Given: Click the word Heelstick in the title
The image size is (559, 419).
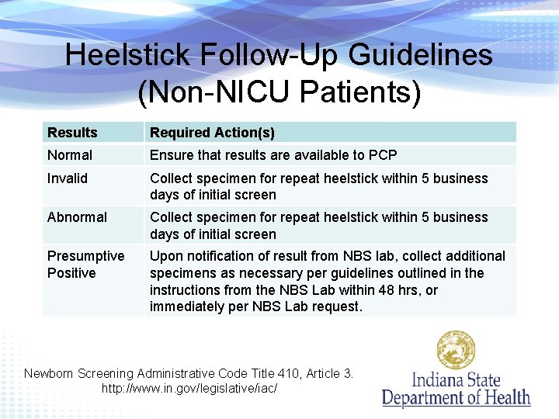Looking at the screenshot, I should pyautogui.click(x=127, y=55).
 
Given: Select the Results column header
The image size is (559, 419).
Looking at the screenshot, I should pyautogui.click(x=72, y=133).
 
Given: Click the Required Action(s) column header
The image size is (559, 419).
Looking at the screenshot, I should pyautogui.click(x=212, y=133).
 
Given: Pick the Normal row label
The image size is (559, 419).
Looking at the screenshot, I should pyautogui.click(x=70, y=155).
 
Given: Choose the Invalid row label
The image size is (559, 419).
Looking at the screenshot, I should pyautogui.click(x=68, y=178).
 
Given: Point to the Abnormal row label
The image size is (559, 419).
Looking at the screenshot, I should pyautogui.click(x=77, y=217).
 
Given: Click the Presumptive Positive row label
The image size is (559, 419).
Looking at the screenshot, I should pyautogui.click(x=85, y=265).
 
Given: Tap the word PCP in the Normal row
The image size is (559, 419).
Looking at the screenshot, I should pyautogui.click(x=382, y=155).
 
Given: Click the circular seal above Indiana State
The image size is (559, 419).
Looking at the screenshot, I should pyautogui.click(x=456, y=350).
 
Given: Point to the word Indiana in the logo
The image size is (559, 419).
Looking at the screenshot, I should pyautogui.click(x=436, y=380).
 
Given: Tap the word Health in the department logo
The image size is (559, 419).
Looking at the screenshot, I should pyautogui.click(x=504, y=398).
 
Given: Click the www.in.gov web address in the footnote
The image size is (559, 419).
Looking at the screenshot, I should pyautogui.click(x=189, y=387).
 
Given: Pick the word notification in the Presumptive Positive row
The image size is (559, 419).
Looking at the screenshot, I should pyautogui.click(x=217, y=256).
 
